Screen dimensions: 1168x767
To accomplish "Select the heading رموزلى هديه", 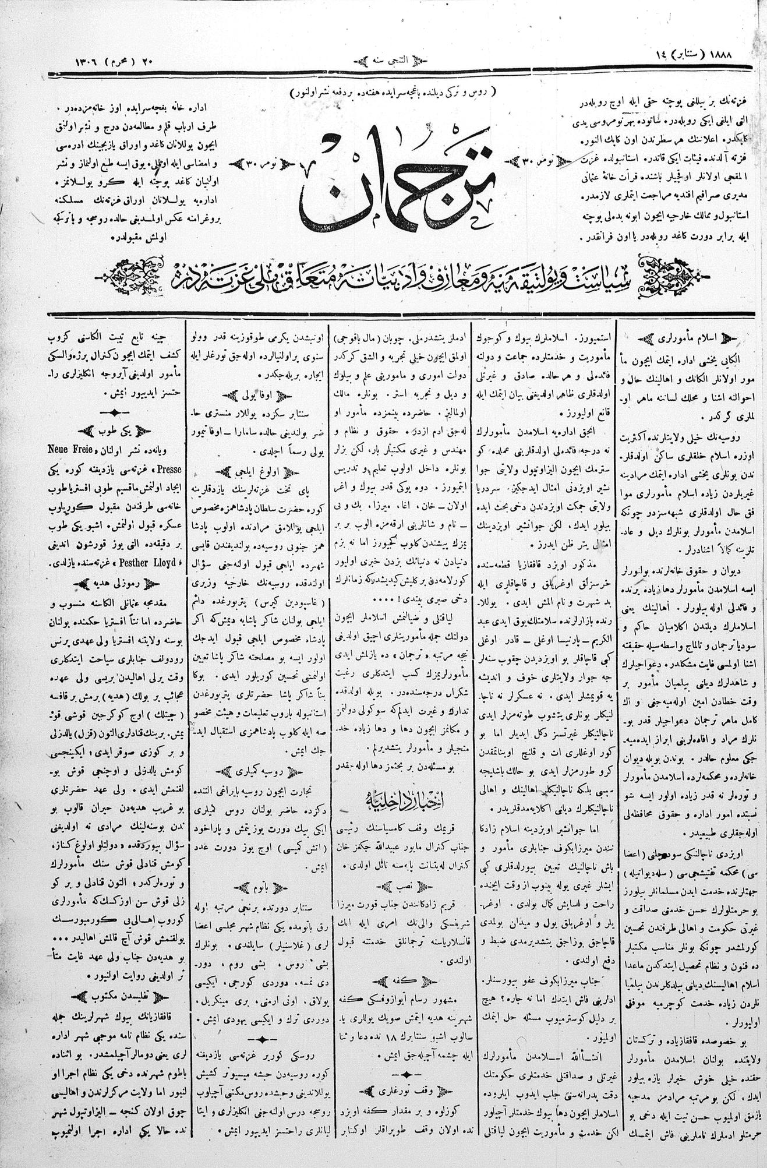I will [x=114, y=583].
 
